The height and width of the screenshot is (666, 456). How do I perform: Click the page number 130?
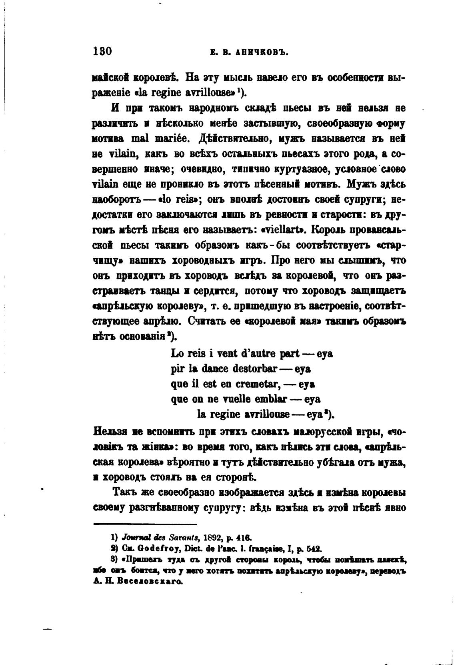tap(102, 52)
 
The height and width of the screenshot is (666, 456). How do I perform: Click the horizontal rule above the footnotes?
tap(145, 524)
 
